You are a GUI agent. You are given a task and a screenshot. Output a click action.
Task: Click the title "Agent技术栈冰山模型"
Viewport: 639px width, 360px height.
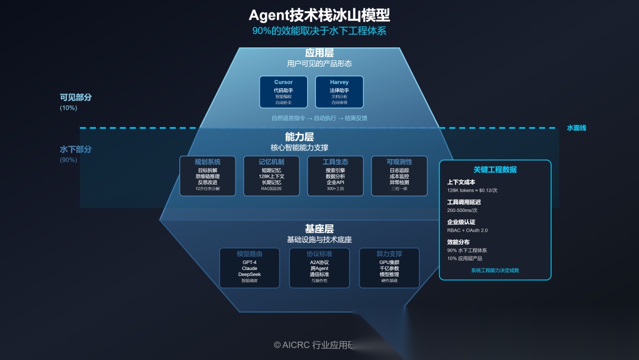(x=319, y=15)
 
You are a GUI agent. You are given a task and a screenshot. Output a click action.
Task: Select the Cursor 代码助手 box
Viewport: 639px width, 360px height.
(x=283, y=92)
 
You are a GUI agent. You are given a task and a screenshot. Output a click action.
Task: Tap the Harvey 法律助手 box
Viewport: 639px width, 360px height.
(x=339, y=92)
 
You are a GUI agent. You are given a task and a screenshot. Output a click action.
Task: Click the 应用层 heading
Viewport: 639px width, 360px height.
(x=319, y=53)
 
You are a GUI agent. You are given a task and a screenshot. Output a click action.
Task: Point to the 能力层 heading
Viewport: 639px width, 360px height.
(x=299, y=137)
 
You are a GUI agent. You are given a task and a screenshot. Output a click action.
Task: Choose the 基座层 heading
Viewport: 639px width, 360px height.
(x=319, y=229)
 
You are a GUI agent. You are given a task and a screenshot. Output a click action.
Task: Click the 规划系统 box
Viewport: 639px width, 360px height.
(x=207, y=176)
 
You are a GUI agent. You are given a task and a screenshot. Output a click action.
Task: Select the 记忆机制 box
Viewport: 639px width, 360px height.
(x=271, y=176)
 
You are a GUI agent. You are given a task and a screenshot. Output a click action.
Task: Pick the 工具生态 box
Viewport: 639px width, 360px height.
(x=335, y=176)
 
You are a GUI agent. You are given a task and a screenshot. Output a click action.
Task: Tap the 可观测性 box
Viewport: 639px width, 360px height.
(x=399, y=176)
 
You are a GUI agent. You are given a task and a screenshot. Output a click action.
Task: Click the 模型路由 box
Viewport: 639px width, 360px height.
(x=250, y=268)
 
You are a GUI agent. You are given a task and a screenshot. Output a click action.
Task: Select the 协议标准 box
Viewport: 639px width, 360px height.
(x=319, y=268)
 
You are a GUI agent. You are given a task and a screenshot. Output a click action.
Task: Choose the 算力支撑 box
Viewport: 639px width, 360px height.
(x=389, y=268)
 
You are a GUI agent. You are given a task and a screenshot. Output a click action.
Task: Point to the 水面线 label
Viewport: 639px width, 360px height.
(x=576, y=128)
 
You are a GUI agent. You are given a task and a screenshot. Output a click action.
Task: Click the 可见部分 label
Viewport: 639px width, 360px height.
(x=76, y=97)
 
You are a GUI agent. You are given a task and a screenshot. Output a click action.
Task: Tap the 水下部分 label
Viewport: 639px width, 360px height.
(x=76, y=149)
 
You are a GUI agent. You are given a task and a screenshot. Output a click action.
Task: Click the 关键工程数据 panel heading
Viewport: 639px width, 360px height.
(x=495, y=169)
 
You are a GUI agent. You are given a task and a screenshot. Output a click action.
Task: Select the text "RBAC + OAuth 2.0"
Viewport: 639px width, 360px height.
(x=467, y=230)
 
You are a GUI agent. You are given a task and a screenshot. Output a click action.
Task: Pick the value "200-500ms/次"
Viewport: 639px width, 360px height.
(x=462, y=210)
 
